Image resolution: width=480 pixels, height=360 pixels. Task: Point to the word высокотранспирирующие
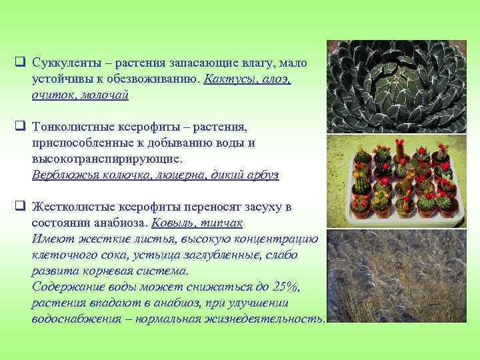105,159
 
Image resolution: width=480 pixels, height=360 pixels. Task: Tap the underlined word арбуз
261,175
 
